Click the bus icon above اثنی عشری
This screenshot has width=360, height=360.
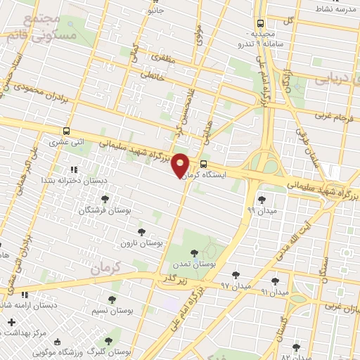pos(66,131)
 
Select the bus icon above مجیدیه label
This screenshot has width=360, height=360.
pos(261,22)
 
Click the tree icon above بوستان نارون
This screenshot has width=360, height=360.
pos(141,231)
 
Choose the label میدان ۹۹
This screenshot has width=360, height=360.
pos(262,210)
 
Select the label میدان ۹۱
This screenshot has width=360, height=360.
pos(274,291)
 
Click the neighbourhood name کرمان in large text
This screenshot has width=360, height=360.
pos(106,266)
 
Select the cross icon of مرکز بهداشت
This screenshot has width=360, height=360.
pos(11,323)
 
